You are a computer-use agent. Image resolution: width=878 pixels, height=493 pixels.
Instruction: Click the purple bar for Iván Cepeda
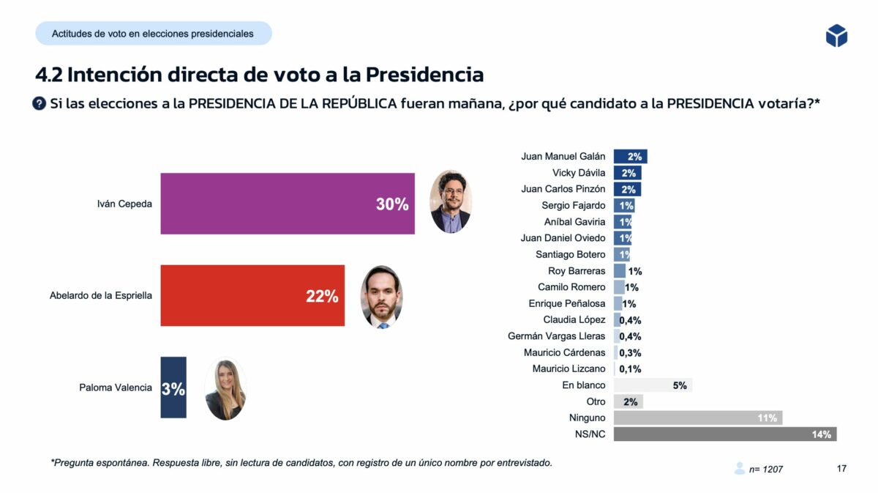point(287,204)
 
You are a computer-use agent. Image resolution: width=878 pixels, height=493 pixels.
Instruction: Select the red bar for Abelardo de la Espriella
point(252,296)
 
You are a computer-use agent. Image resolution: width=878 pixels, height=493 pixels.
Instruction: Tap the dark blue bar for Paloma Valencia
point(173,388)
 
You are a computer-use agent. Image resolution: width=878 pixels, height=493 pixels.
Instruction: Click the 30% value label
point(392,205)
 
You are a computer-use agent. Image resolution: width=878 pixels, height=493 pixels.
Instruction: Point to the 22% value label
point(322,297)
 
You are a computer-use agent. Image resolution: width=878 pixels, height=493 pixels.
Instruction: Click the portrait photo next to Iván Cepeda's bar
point(450,201)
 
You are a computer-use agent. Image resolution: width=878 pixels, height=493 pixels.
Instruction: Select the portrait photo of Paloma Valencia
point(225,389)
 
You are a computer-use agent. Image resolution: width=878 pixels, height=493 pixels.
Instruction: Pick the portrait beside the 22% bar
point(381,297)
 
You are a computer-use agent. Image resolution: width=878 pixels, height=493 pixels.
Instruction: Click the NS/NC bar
point(724,434)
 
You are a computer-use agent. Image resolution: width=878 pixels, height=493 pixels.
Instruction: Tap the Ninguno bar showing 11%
point(697,418)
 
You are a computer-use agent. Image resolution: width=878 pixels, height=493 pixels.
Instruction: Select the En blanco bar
point(653,385)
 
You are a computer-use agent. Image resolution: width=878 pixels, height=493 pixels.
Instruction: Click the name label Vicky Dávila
point(579,173)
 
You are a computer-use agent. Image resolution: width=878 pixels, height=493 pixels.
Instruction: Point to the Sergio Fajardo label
point(574,206)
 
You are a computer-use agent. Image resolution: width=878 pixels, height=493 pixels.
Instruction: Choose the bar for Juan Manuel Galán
point(630,156)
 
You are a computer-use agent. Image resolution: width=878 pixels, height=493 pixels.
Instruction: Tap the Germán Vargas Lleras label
point(557,336)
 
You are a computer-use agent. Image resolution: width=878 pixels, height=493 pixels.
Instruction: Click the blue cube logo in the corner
point(836,35)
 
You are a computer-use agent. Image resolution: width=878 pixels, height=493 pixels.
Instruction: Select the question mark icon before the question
point(40,104)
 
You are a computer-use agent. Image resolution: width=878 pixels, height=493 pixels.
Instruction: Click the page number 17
point(841,469)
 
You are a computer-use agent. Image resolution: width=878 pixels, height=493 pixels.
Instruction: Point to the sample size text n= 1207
point(766,469)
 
